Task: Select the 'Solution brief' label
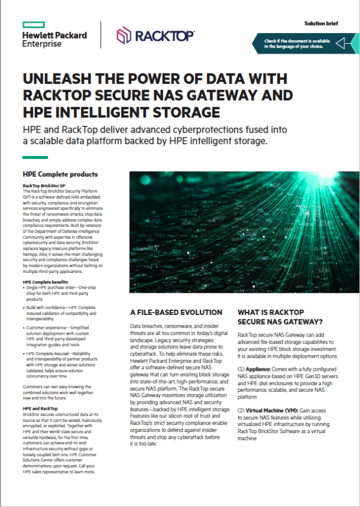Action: click(321, 23)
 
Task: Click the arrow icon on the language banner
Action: click(344, 44)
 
